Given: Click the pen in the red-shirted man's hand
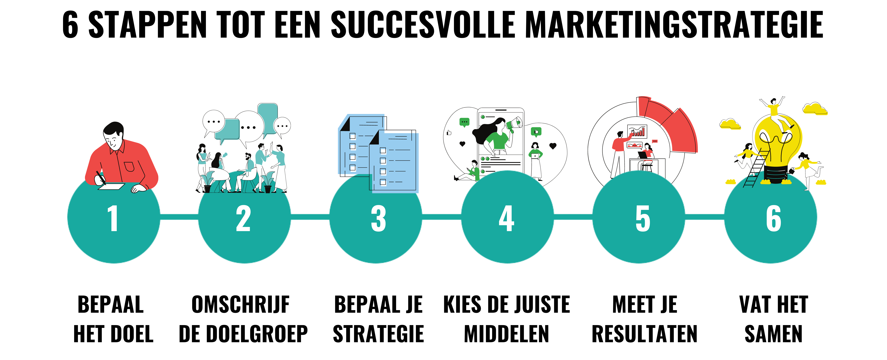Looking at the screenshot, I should (x=101, y=177).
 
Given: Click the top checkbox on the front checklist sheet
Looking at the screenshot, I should (x=383, y=150).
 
